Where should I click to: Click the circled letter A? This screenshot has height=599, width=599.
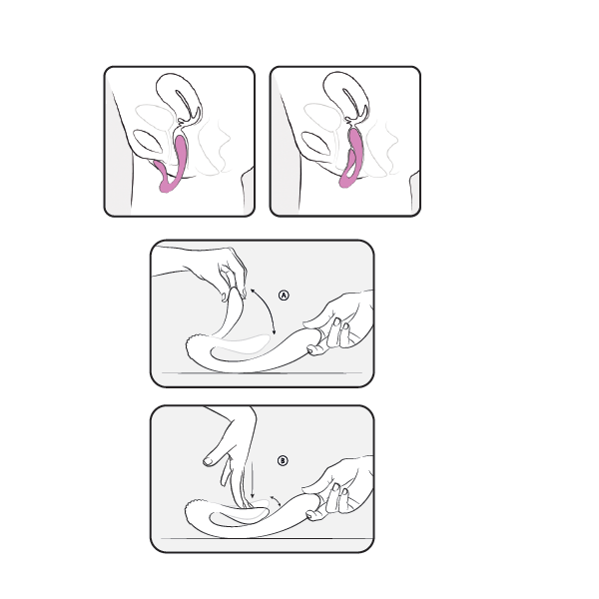[284, 296]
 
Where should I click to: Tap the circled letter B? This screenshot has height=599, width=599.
[283, 460]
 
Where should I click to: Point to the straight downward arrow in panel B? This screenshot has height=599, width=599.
[253, 480]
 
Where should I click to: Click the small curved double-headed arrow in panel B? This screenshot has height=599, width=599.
[277, 500]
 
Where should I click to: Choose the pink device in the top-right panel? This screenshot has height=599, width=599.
[352, 159]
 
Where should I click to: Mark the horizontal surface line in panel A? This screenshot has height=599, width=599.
[262, 372]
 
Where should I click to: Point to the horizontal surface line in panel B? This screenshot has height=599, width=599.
[267, 539]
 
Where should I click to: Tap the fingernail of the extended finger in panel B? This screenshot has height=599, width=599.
[209, 462]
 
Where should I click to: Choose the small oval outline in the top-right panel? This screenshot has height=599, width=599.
[315, 143]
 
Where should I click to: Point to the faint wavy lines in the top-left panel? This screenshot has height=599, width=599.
[214, 147]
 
